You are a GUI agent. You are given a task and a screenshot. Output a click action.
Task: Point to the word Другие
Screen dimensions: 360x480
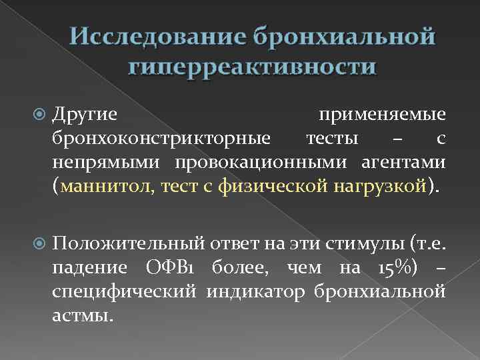[x=85, y=115]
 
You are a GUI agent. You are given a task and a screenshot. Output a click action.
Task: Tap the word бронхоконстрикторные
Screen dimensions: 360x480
[x=161, y=139]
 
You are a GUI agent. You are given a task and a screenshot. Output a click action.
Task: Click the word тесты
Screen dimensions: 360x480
[x=333, y=139]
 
